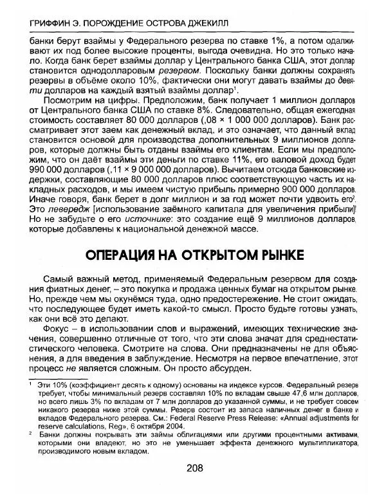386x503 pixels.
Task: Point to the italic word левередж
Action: point(62,208)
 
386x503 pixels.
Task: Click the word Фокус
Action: point(57,329)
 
